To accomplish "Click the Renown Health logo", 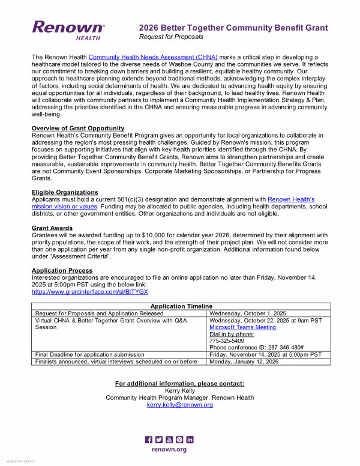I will pos(68,29).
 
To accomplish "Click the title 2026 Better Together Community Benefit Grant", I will pos(233,28).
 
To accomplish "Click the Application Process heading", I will pos(63,270).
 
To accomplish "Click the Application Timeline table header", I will pos(181,306).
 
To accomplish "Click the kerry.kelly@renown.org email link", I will pos(180,405).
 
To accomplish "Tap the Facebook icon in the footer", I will pos(149,440).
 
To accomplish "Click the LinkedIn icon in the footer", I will pos(190,440).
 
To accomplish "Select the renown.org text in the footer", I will pos(169,449).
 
